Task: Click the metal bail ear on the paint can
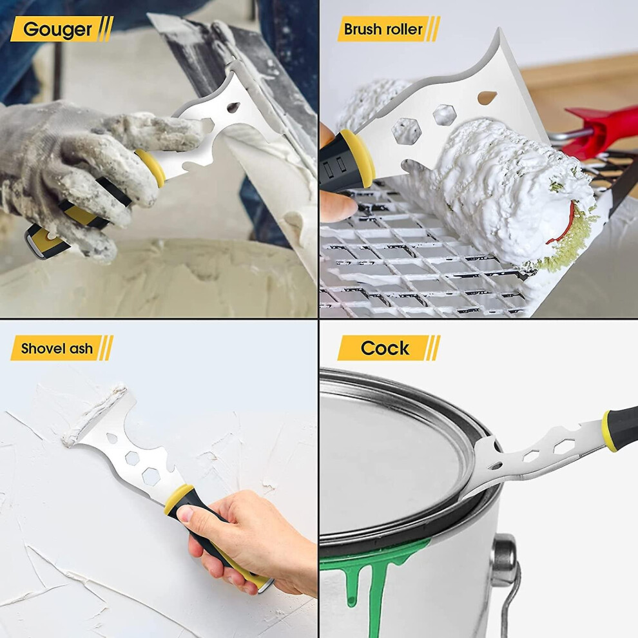(x=505, y=558)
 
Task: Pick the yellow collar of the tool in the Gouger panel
(x=151, y=166)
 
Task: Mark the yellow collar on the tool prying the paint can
(x=608, y=430)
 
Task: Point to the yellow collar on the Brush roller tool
(x=358, y=158)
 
